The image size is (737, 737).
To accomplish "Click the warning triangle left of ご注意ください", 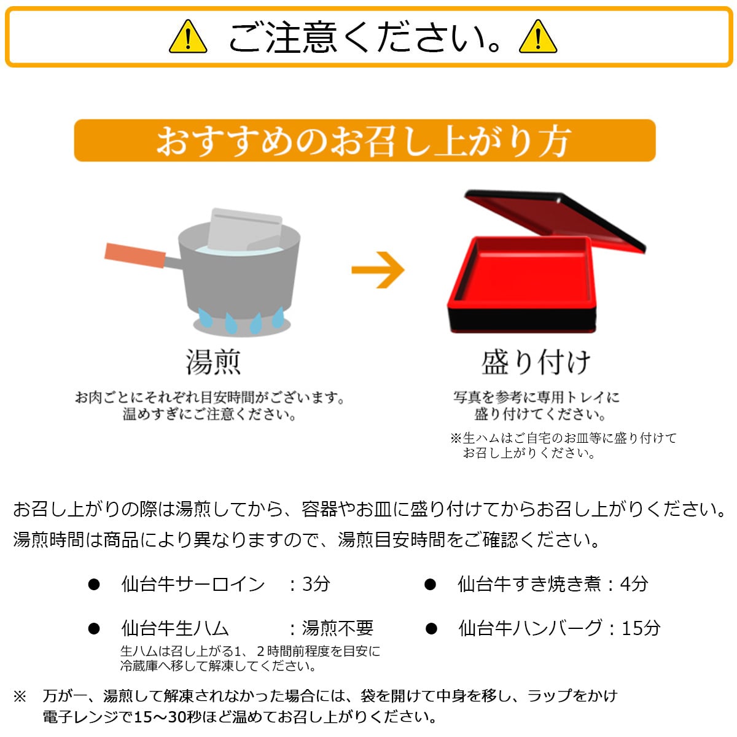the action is [x=188, y=37].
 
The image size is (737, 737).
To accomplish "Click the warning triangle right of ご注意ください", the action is [x=538, y=37].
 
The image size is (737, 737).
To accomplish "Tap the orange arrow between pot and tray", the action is [x=378, y=270].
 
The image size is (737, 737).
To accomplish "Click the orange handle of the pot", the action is [x=135, y=255].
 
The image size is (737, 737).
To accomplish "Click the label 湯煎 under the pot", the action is [x=213, y=362].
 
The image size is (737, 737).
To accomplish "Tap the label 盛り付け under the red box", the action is [x=536, y=362].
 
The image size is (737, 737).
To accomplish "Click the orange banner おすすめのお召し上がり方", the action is [x=364, y=141].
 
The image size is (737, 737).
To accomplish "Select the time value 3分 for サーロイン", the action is [x=316, y=584].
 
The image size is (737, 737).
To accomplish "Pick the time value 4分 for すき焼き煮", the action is [x=634, y=584].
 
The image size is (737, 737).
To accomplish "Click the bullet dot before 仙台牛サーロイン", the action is [x=94, y=585].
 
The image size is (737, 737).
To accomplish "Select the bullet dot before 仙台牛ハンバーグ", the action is [x=431, y=628].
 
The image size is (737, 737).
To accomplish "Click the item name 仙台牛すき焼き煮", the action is [x=529, y=584].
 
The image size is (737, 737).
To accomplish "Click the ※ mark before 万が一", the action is [x=20, y=696].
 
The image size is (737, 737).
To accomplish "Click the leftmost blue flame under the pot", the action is [x=205, y=318].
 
